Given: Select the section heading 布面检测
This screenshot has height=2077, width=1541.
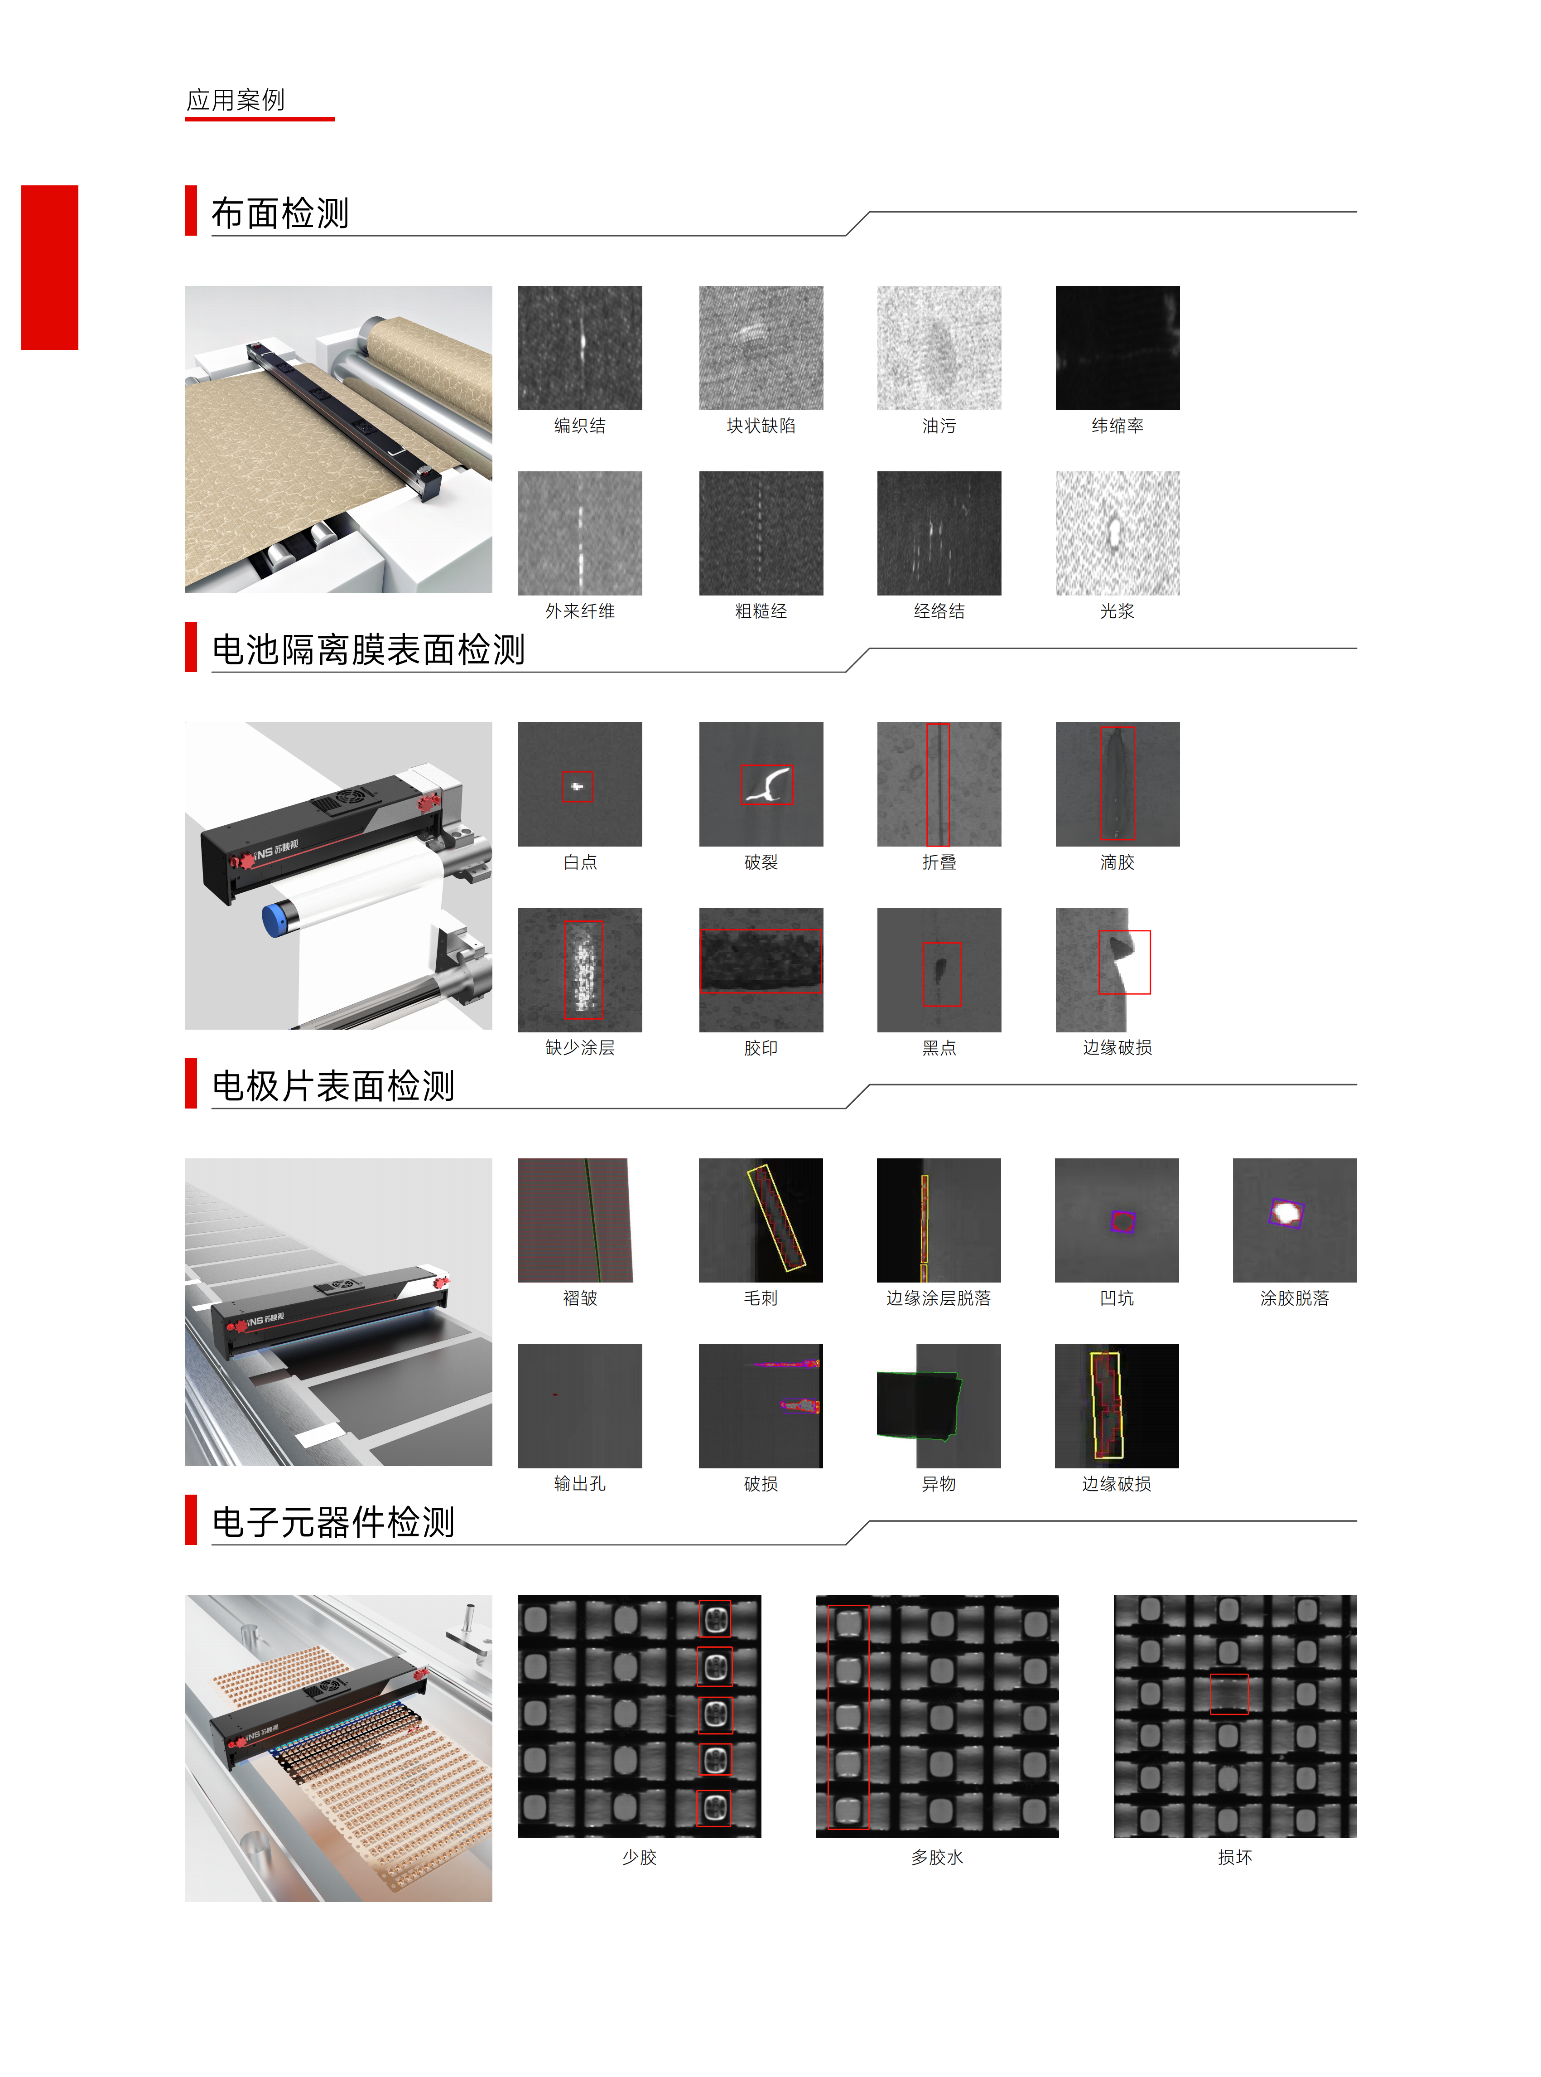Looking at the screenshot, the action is pyautogui.click(x=280, y=213).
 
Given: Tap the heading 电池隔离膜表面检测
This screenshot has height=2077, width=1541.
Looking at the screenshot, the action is pyautogui.click(x=368, y=649).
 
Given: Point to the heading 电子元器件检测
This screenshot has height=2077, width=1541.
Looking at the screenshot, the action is pyautogui.click(x=333, y=1522).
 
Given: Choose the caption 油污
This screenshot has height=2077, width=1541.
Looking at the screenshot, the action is pyautogui.click(x=939, y=426).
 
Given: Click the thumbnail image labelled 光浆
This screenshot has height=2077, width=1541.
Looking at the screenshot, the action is pyautogui.click(x=1117, y=533).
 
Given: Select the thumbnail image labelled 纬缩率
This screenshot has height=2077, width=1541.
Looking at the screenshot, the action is pyautogui.click(x=1117, y=348).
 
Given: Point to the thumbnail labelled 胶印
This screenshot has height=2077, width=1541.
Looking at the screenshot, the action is pyautogui.click(x=761, y=969).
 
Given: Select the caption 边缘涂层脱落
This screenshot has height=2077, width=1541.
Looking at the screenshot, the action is pyautogui.click(x=939, y=1298).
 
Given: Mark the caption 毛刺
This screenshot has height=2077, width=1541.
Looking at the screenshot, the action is pyautogui.click(x=761, y=1298).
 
